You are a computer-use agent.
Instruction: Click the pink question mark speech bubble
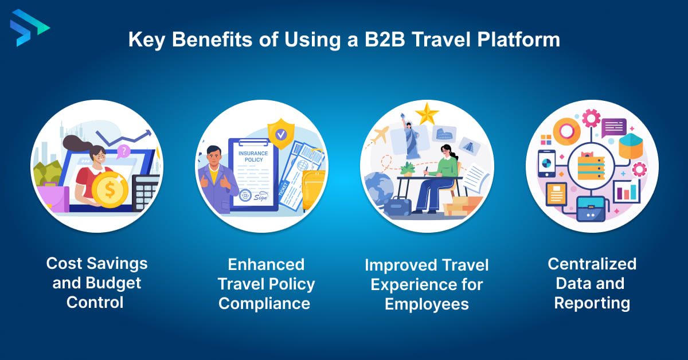[x=123, y=151]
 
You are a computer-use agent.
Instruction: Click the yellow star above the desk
[x=427, y=114]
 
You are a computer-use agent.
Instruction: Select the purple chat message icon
[x=614, y=125]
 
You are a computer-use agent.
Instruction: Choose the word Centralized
[x=592, y=264]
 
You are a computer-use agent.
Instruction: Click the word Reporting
[x=592, y=303]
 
